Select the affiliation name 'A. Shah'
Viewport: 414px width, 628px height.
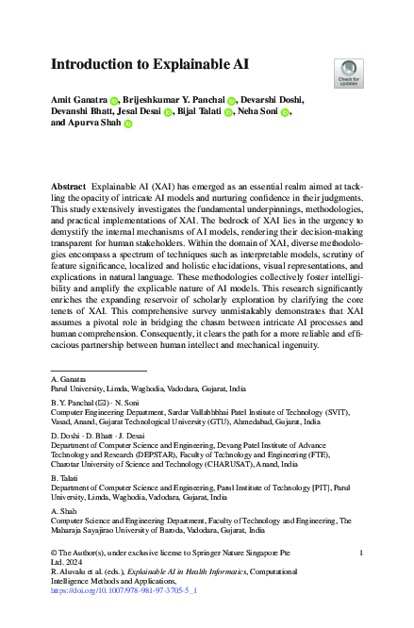(62, 509)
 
